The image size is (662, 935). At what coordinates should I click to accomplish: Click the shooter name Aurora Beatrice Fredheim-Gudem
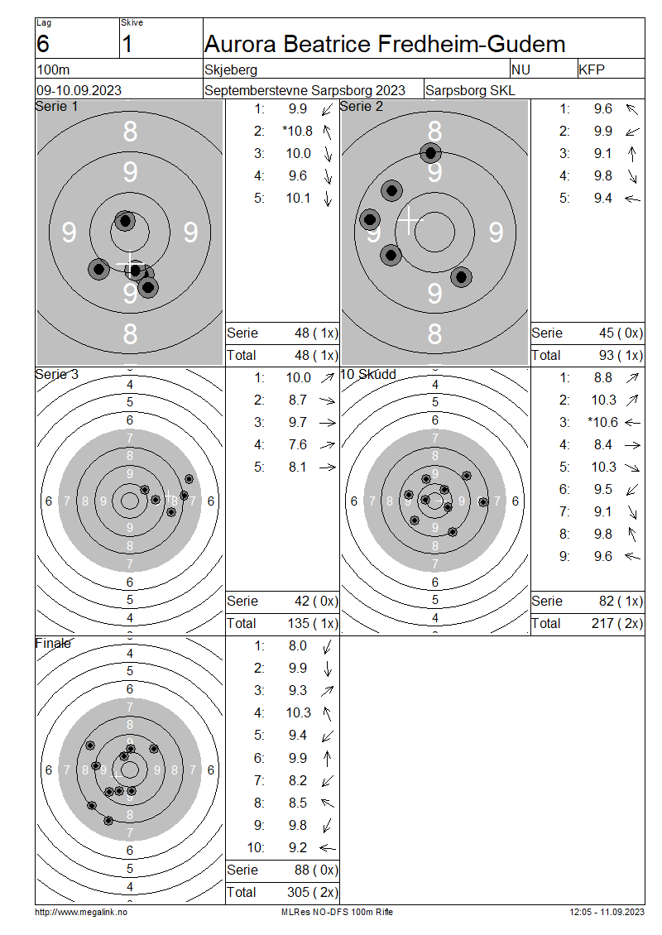coord(385,44)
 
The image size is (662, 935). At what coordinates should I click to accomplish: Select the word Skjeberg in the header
coord(231,70)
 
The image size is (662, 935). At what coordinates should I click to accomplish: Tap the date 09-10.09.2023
coord(79,90)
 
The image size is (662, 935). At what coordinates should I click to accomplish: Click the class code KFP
coord(592,70)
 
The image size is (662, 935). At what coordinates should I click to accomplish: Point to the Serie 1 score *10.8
coord(298,131)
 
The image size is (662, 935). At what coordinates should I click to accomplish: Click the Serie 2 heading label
coord(362,106)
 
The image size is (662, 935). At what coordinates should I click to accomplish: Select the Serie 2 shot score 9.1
coord(602,153)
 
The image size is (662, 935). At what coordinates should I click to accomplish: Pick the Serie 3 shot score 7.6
coord(298,444)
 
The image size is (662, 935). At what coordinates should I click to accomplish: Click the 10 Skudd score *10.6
coord(602,422)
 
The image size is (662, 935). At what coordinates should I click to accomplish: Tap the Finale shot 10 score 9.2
coord(298,847)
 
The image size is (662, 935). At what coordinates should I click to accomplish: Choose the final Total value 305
coord(298,892)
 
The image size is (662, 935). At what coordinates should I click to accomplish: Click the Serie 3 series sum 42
coord(302,601)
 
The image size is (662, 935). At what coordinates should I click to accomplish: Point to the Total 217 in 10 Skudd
coord(603,623)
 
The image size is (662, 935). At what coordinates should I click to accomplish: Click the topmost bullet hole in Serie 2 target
coord(430,152)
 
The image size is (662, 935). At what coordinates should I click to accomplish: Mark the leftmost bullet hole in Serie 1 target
coord(99,269)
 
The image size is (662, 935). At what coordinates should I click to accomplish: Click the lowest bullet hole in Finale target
coord(108,821)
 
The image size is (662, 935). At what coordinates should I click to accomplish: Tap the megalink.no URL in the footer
coord(81,912)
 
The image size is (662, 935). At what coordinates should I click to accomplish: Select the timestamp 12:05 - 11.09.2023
coord(607,912)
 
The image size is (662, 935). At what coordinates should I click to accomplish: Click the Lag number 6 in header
coord(43,44)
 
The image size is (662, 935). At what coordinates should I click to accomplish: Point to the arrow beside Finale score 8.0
coord(328,646)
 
